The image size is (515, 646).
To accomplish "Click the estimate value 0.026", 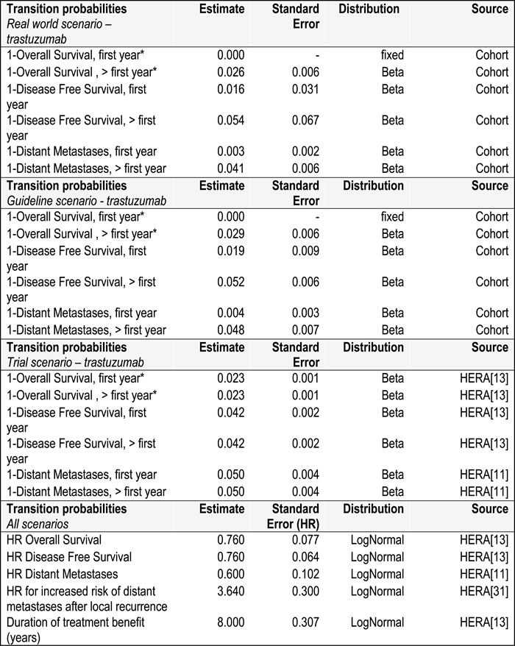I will (x=228, y=72).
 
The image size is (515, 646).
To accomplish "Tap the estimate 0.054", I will (x=228, y=120).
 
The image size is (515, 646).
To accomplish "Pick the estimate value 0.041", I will (x=228, y=168).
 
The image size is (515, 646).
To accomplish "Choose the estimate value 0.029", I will (x=228, y=233).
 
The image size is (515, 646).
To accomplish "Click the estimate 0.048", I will (x=228, y=330).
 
